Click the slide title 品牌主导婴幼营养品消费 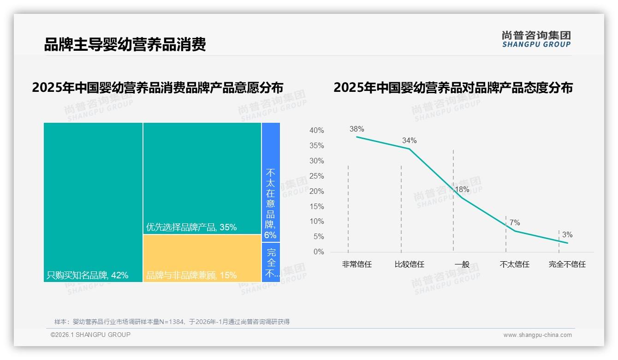[x=125, y=44]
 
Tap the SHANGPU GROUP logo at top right [x=536, y=39]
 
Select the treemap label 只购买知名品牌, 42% [x=88, y=276]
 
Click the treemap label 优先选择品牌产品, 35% [x=191, y=227]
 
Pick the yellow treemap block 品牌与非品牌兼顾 [x=202, y=258]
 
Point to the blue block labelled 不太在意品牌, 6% [x=271, y=203]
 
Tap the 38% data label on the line [x=357, y=129]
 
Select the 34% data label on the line [x=409, y=140]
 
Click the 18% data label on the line [x=462, y=190]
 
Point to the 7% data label [x=515, y=223]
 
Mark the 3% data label [x=567, y=235]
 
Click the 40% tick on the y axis [x=316, y=131]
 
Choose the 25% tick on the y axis [x=316, y=176]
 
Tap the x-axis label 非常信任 [x=357, y=264]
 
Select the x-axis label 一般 [x=462, y=264]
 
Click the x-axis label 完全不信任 [x=567, y=264]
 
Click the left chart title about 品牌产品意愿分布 [x=157, y=87]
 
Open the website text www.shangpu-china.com [x=537, y=335]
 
